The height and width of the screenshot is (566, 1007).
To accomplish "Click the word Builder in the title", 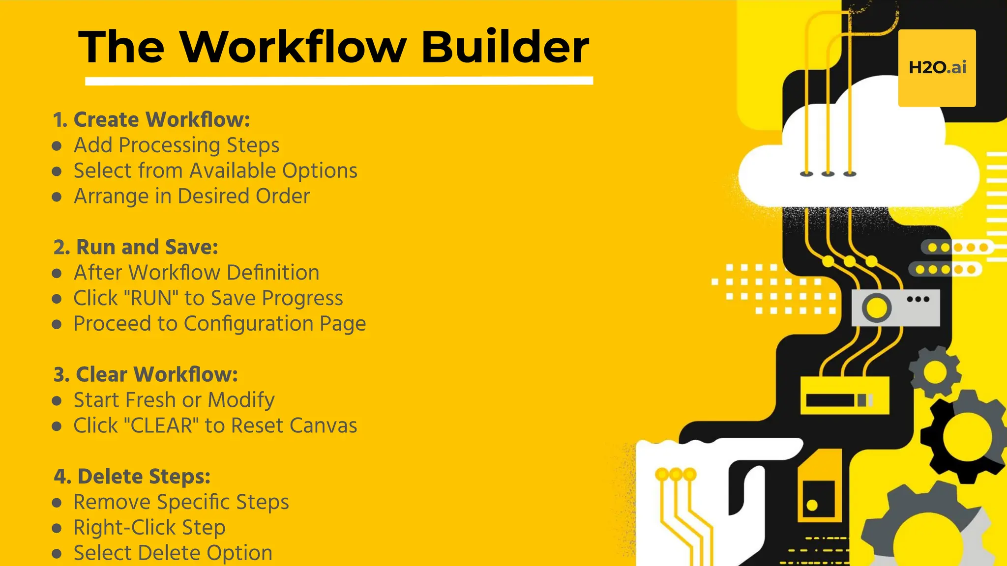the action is (505, 47).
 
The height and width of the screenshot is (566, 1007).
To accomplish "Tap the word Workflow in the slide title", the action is (293, 47).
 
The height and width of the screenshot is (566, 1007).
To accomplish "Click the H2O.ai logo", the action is (937, 68).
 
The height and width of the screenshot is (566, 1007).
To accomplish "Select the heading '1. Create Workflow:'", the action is (152, 120).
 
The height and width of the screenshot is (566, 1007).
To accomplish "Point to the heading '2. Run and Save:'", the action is (136, 247).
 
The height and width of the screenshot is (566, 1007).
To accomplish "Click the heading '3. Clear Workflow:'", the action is (146, 374).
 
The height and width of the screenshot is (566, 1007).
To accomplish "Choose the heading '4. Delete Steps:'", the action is (132, 477).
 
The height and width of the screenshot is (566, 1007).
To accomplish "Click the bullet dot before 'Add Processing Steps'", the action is (57, 146).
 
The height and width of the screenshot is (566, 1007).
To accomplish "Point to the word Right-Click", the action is (125, 528).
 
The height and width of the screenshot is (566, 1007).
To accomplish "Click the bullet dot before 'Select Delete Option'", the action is (57, 554).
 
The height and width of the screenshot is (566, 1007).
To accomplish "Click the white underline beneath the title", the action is (339, 81).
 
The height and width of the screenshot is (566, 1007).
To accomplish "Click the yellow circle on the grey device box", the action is (876, 308).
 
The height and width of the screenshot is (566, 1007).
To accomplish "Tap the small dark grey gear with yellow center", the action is (935, 372).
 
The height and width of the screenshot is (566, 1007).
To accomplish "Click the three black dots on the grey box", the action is (918, 299).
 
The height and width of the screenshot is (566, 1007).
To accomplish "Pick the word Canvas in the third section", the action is (323, 425).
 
